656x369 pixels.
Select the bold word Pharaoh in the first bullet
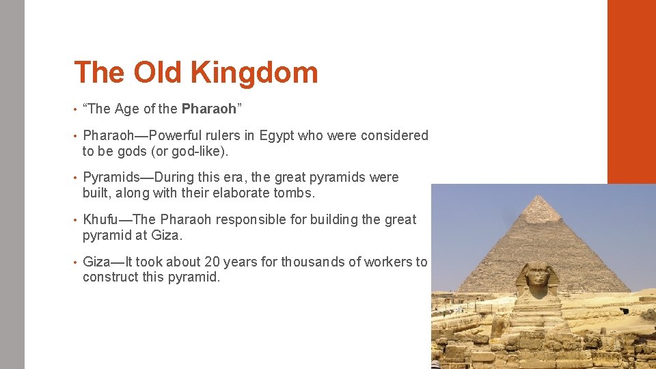208,109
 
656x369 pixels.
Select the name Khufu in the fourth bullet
101,219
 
